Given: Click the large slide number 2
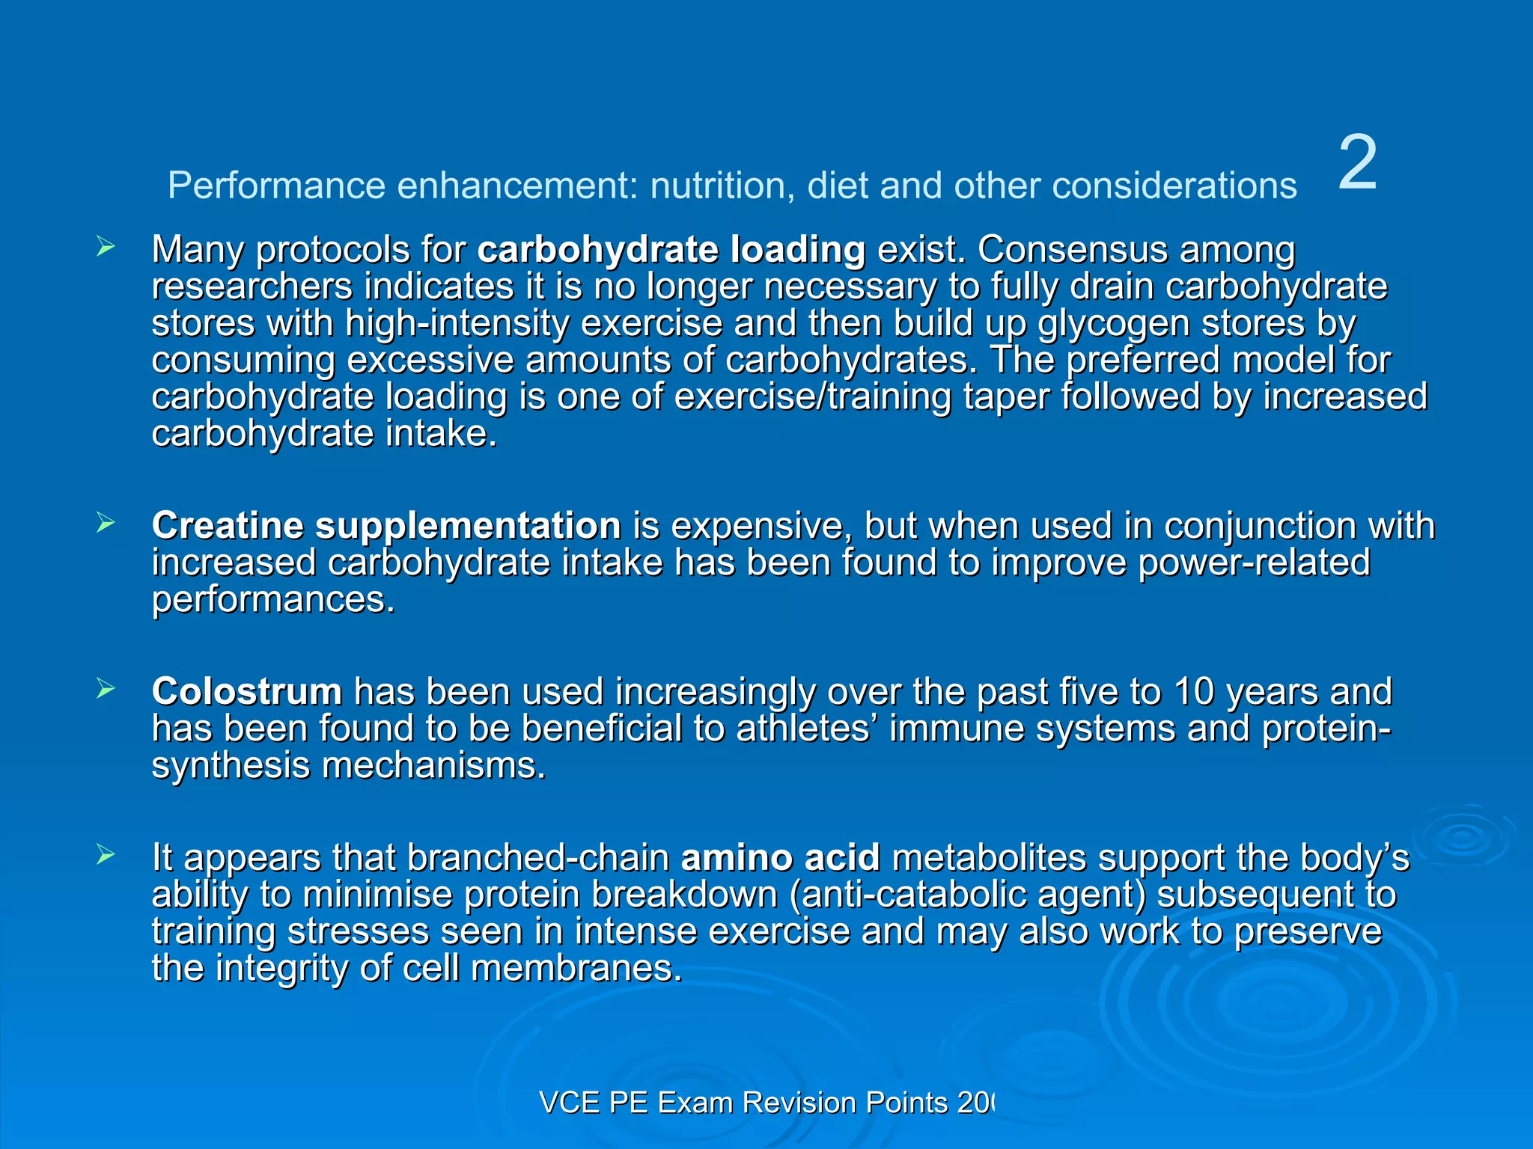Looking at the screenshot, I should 1356,163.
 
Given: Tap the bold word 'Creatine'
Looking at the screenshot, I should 228,525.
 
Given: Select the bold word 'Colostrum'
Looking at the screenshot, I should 247,691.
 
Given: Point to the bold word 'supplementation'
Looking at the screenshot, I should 468,525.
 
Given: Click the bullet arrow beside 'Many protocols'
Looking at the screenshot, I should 106,247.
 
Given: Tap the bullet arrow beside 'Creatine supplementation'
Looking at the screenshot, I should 106,524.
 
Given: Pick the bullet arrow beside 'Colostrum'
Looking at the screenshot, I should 106,690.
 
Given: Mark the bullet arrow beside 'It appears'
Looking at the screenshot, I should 106,855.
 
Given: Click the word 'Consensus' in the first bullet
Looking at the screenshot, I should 1073,250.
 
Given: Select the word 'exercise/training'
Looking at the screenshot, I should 813,396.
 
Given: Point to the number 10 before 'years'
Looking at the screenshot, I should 1194,692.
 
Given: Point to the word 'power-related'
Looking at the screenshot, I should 1254,563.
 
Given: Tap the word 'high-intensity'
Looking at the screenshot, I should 457,324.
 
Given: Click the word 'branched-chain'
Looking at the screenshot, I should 538,858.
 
